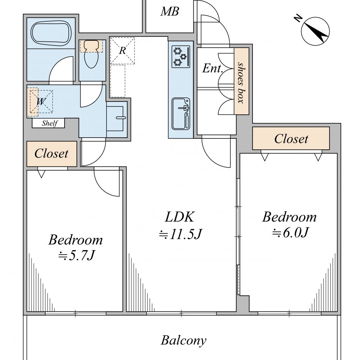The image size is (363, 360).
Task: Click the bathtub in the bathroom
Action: click(51, 33)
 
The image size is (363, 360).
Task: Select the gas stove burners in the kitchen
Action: click(181, 57)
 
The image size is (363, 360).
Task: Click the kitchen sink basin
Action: click(181, 114)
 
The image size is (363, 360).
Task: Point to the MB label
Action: click(170, 11)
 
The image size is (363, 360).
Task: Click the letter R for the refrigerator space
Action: click(122, 50)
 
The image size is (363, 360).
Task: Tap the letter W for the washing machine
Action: click(41, 101)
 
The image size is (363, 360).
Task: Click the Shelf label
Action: click(49, 123)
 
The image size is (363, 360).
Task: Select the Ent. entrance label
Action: click(213, 68)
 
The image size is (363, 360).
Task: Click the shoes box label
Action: click(241, 82)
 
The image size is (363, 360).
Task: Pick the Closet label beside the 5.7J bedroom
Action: click(51, 154)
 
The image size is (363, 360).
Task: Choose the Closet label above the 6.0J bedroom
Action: click(291, 139)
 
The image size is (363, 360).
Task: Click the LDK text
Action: click(180, 217)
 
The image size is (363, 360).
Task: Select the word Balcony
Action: click(183, 340)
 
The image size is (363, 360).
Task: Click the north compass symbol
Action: click(315, 31)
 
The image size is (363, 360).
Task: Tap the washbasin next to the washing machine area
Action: click(117, 119)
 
